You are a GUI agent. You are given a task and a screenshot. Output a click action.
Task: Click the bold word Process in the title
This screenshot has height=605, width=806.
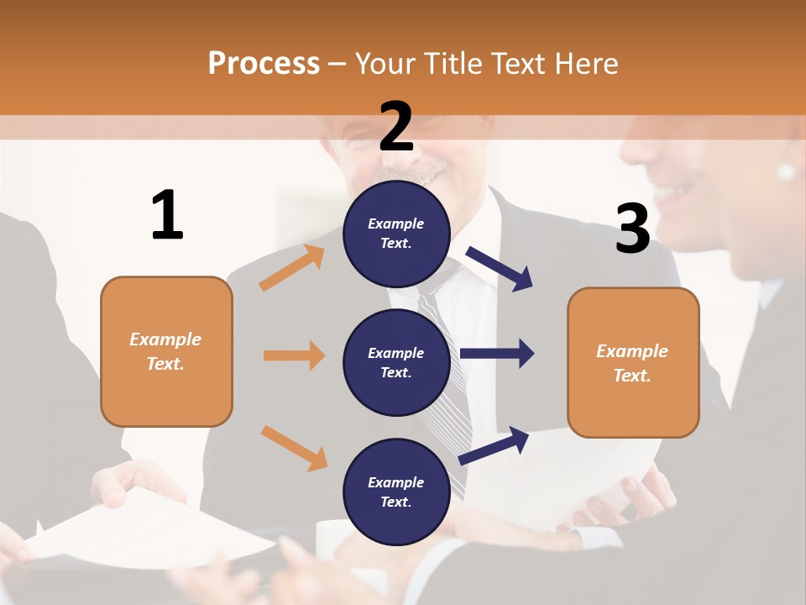(264, 63)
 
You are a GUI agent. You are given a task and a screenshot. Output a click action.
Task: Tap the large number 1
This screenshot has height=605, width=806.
(167, 215)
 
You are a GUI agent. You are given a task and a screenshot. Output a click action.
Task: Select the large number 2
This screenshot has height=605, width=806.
(396, 126)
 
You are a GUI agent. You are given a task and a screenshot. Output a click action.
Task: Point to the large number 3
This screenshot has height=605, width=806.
(632, 229)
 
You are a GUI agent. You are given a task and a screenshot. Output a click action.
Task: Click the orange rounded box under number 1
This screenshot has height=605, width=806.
(166, 351)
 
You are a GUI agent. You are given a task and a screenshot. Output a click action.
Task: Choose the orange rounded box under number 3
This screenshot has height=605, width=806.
(633, 362)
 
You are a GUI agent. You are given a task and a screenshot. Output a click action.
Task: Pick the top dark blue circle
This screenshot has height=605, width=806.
(396, 233)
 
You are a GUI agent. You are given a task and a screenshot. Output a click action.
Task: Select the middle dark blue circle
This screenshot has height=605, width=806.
(396, 362)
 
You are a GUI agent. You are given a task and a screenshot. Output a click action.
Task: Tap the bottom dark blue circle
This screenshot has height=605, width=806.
(396, 492)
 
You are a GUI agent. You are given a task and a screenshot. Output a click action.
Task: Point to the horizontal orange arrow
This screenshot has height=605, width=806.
(294, 355)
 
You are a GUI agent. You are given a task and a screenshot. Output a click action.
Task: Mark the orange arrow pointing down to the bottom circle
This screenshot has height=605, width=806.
(294, 447)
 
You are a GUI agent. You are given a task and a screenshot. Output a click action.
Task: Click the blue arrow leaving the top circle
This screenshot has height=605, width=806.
(500, 268)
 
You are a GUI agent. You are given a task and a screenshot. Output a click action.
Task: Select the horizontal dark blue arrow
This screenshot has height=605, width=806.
(496, 354)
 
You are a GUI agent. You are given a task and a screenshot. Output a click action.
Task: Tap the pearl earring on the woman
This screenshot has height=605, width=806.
(786, 171)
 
